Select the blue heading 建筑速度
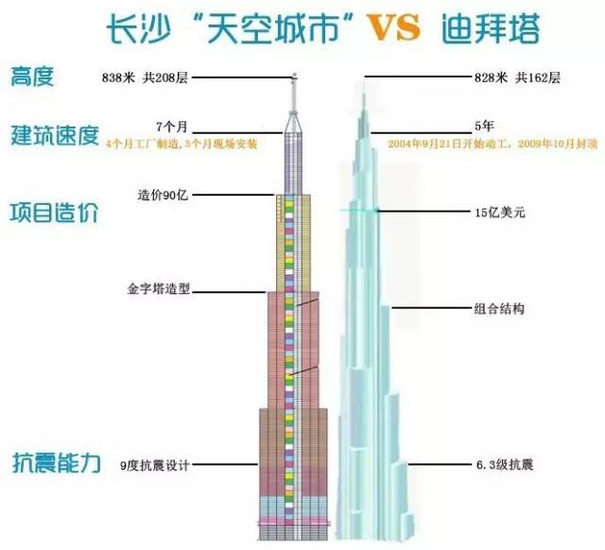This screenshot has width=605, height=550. pos(55,135)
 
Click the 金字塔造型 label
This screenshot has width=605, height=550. pos(158,290)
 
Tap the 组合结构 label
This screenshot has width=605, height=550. pos(499,308)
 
